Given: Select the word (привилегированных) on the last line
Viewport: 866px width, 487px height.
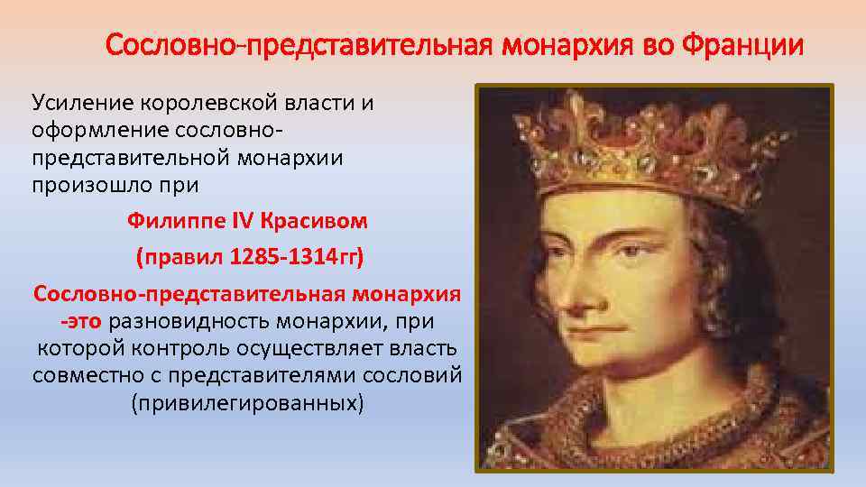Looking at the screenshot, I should coord(247,402).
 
